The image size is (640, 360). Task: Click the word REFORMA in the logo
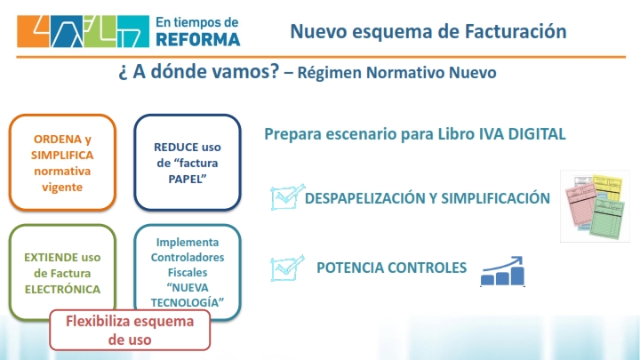[x=198, y=40]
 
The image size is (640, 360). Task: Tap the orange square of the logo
[x=33, y=31]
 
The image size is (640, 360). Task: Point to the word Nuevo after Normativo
[x=473, y=73]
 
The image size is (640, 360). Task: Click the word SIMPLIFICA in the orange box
[x=62, y=155]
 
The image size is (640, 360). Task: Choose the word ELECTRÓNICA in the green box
[x=62, y=289]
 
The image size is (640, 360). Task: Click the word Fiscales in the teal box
[x=188, y=272]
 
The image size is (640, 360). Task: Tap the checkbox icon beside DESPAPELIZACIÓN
[x=287, y=197]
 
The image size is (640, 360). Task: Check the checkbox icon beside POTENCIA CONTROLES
[x=287, y=268]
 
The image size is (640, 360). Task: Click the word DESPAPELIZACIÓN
[x=365, y=198]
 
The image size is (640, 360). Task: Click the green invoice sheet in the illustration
[x=609, y=218]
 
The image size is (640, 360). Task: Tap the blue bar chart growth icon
[x=502, y=271]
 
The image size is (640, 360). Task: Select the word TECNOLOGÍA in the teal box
[x=188, y=302]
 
